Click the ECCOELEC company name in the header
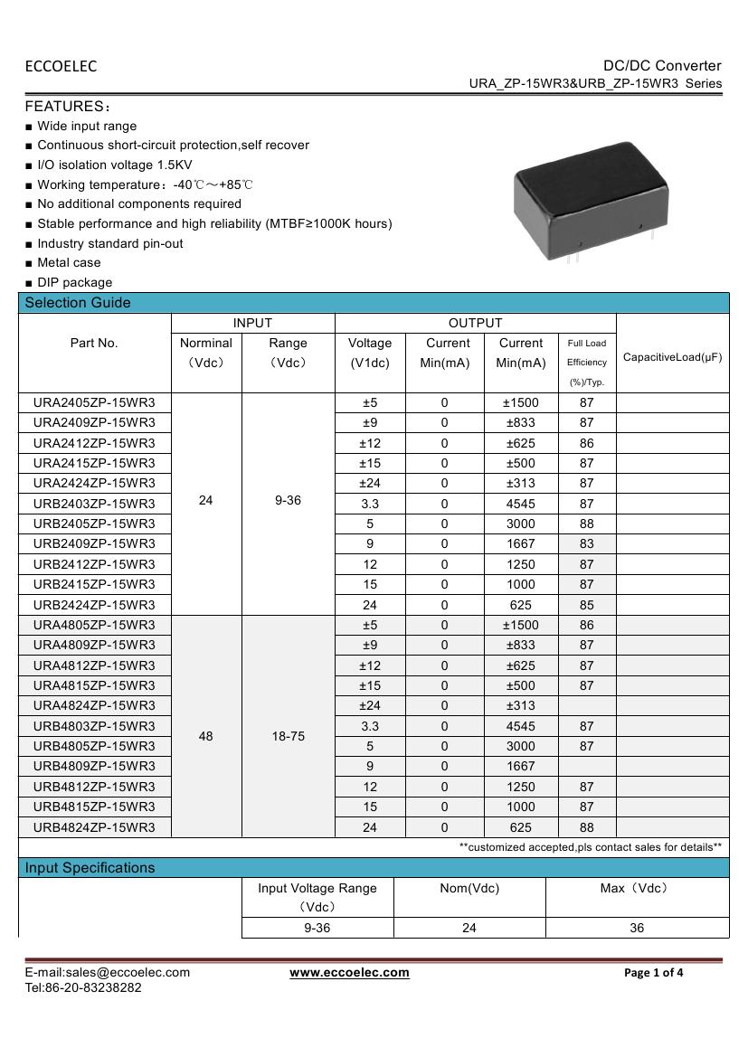pos(61,66)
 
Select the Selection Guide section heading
pos(78,303)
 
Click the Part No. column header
pos(94,344)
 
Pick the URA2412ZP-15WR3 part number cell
pos(94,443)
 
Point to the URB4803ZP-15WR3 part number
pos(94,726)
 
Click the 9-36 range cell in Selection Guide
pos(288,500)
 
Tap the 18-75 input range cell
pos(288,736)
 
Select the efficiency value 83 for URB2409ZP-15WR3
pos(587,543)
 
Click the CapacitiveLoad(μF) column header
pos(672,357)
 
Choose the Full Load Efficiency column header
pos(587,362)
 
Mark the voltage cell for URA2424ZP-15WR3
pos(370,484)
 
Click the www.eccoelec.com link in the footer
pos(349,973)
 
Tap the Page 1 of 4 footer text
pos(654,973)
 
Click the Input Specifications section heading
pos(90,868)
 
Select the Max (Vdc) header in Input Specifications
pos(636,888)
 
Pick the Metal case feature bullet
pos(69,263)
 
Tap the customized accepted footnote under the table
pos(590,847)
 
